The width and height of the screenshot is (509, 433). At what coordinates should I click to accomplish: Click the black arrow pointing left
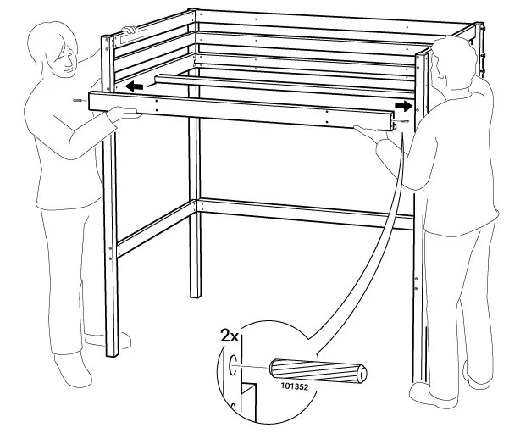point(131,86)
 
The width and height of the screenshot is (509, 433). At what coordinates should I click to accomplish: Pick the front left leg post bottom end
point(110,349)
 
